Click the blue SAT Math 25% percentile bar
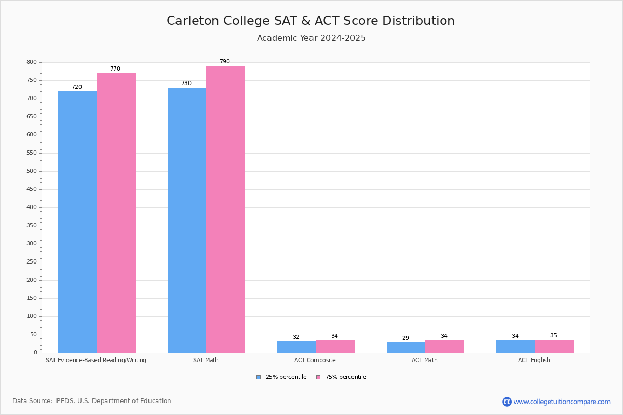(x=187, y=220)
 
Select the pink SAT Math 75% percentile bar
(x=225, y=210)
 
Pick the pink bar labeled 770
(x=116, y=213)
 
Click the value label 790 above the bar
(x=224, y=62)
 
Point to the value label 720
(x=77, y=87)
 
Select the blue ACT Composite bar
(x=296, y=347)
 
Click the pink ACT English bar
(x=554, y=347)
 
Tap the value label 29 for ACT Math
(x=405, y=338)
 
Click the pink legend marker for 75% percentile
(x=318, y=377)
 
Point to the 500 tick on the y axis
(x=32, y=171)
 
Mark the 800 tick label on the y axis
(x=32, y=62)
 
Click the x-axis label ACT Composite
(x=315, y=360)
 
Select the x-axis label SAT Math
(x=206, y=360)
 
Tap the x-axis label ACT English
(x=534, y=360)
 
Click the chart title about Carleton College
(x=310, y=21)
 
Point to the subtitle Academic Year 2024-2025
(x=311, y=38)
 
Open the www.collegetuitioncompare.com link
(x=562, y=402)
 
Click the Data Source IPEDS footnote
(x=92, y=401)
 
